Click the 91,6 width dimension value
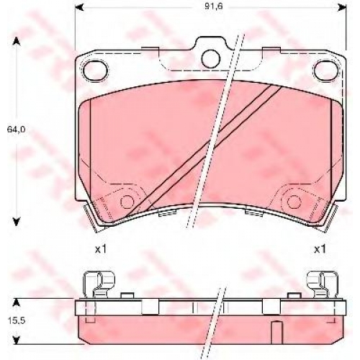214,6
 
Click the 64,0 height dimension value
16,130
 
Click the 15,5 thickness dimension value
17,320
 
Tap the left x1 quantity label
101,250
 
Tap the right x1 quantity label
320,250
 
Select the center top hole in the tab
211,58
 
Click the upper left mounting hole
95,71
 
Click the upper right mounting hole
326,71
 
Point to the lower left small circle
127,202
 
